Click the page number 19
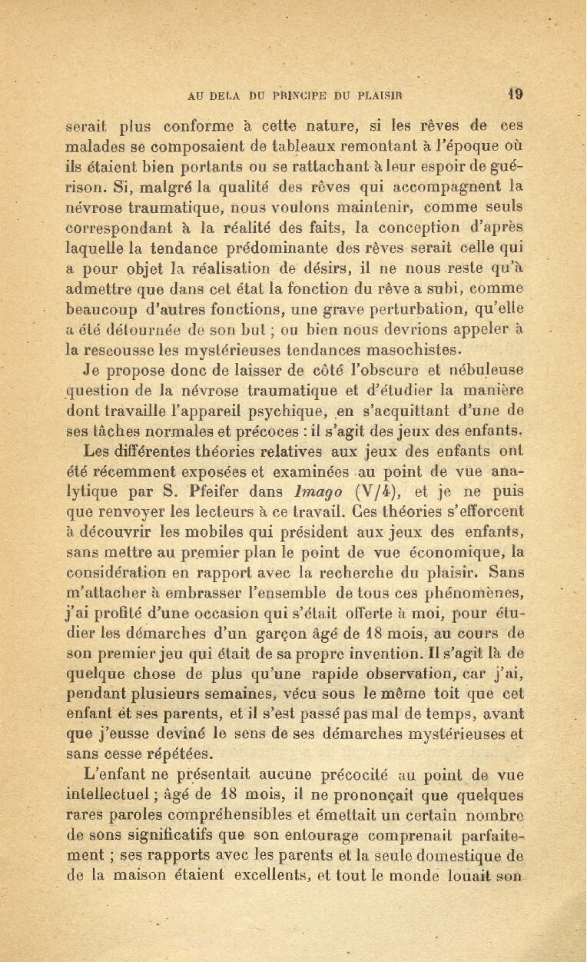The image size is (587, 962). coord(515,95)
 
